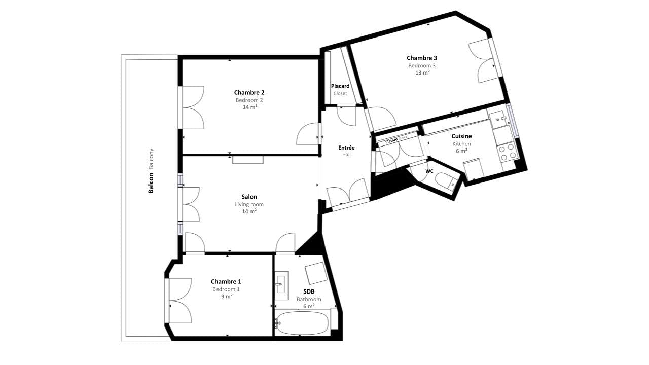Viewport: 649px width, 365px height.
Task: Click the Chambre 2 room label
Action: click(x=249, y=93)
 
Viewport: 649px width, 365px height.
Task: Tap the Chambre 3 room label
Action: click(x=421, y=58)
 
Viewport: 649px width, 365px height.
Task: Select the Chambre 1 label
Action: click(x=226, y=282)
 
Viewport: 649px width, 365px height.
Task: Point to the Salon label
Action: click(x=249, y=197)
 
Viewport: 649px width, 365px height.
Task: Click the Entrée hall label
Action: click(x=346, y=148)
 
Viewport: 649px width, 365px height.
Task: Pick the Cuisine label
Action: click(x=461, y=136)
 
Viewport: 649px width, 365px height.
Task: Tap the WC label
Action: click(x=429, y=171)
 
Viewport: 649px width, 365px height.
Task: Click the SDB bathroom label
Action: click(x=309, y=291)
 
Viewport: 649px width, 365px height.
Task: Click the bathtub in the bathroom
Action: click(x=302, y=323)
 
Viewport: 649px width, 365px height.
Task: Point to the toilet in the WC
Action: click(x=446, y=180)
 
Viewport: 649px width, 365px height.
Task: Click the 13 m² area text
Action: click(x=422, y=72)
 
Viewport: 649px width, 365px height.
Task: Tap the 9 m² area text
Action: click(x=226, y=296)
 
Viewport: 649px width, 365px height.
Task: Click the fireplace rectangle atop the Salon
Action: click(x=248, y=160)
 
